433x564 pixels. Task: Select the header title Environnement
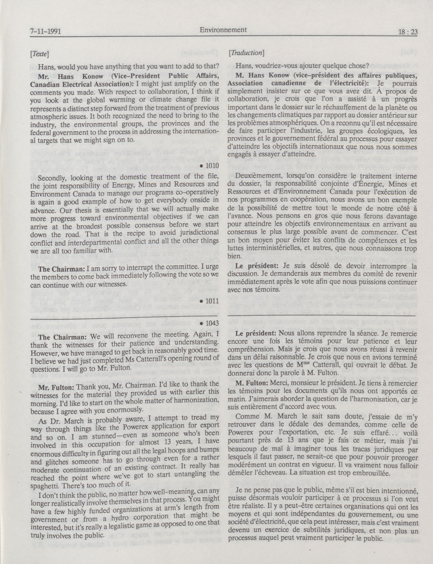coord(223,30)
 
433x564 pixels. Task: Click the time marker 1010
coord(212,166)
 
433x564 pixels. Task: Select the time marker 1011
coord(212,301)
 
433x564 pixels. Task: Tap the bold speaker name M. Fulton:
coord(252,383)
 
